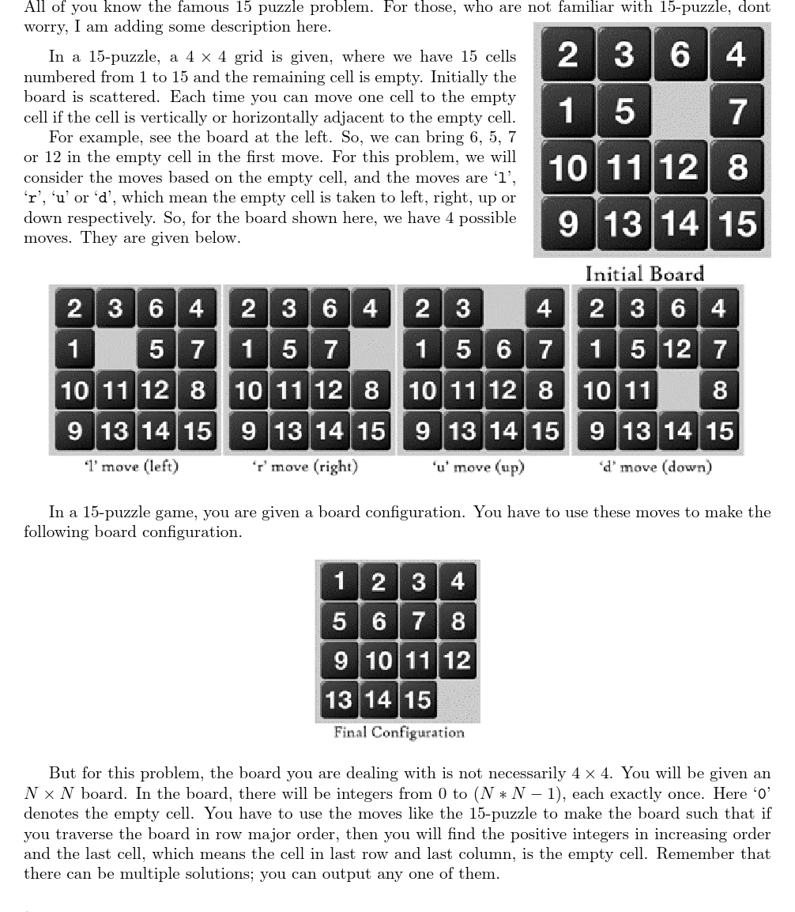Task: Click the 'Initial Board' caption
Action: click(644, 274)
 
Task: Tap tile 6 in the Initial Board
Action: click(679, 55)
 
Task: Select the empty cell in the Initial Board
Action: click(679, 111)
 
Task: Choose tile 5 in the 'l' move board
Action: click(156, 349)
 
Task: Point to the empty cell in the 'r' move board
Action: click(370, 349)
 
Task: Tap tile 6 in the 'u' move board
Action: click(503, 349)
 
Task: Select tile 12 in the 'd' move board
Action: click(677, 349)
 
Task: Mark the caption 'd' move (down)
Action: click(656, 467)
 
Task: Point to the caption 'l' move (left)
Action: click(131, 467)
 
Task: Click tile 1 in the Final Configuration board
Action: click(340, 581)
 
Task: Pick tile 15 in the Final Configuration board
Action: click(418, 699)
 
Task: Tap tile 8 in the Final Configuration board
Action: click(458, 621)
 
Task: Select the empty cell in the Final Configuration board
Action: click(458, 699)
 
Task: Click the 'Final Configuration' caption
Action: click(398, 732)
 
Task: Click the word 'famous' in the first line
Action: click(205, 8)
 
